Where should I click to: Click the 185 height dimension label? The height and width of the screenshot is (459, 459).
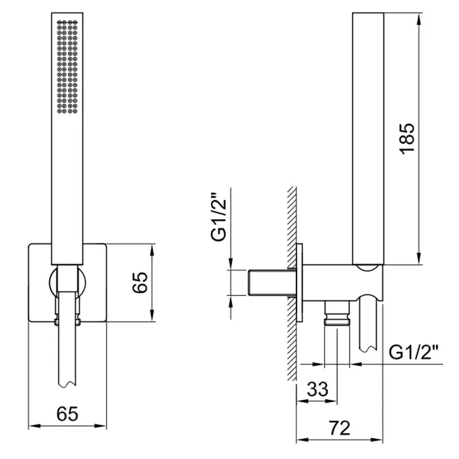point(407,139)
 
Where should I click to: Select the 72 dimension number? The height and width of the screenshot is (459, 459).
point(339,428)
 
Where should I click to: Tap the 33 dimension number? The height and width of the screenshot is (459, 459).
point(317,389)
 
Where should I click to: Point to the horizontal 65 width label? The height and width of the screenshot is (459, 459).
point(68,414)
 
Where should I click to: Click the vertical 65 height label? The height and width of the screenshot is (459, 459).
point(140,283)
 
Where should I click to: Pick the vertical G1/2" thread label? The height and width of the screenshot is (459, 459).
point(219,216)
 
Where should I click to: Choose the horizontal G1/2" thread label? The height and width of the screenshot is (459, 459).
point(413,352)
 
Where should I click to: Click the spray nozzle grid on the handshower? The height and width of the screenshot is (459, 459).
point(67,67)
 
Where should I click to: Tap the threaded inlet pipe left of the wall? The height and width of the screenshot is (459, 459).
point(272,282)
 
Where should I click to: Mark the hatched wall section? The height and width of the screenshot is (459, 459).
point(292,283)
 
